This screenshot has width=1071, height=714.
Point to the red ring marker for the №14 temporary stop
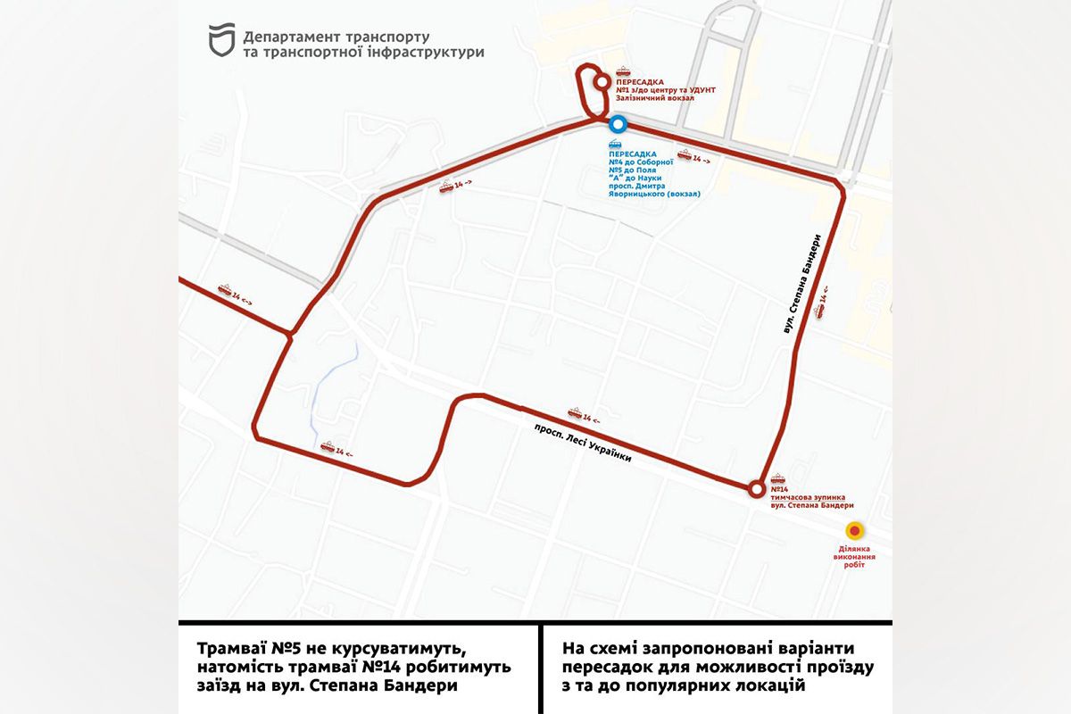pos(756,488)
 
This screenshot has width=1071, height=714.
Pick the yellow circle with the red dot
pos(854,530)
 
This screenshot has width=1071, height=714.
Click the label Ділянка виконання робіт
pos(854,556)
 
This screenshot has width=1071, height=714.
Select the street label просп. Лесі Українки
pos(583,441)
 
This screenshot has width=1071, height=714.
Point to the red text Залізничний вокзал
pos(654,98)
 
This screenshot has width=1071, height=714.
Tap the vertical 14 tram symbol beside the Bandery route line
pos(820,303)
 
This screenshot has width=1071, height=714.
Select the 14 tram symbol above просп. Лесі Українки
pos(583,414)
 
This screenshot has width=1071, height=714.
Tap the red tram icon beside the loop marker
pos(623,73)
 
